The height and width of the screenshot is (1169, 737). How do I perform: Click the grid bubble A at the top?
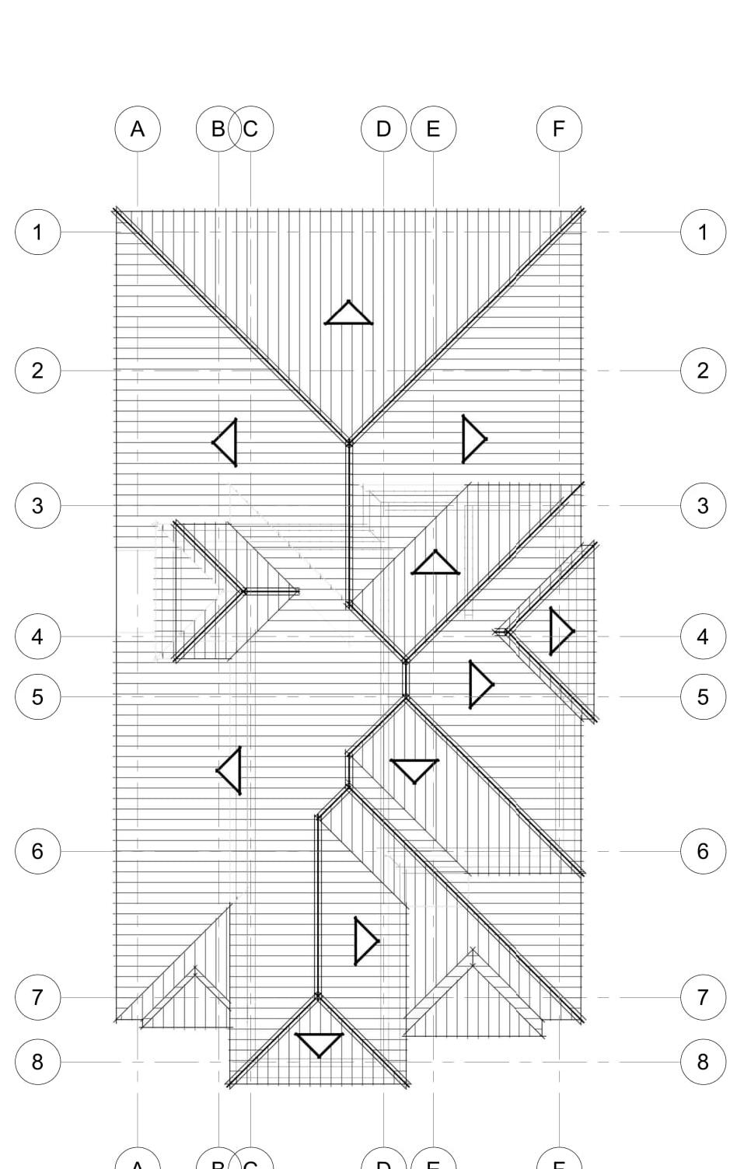coord(138,129)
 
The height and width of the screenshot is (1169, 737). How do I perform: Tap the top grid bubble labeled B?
coord(218,129)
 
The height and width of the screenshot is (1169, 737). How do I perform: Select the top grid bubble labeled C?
coord(251,129)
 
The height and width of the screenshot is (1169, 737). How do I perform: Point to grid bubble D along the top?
coord(383,129)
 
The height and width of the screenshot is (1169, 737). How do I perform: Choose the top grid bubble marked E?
coord(433,129)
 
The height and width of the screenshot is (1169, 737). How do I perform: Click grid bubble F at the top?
coord(559,129)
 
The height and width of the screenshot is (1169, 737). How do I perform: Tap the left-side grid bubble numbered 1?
coord(37,232)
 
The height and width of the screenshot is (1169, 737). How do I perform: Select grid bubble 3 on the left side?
coord(37,505)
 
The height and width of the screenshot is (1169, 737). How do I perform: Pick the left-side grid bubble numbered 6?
coord(37,851)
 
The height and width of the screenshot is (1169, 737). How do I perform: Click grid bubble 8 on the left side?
coord(37,1062)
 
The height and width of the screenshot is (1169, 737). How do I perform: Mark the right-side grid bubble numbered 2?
coord(703,370)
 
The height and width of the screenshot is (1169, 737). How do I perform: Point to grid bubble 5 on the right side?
coord(703,696)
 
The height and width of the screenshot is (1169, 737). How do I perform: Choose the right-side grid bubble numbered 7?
coord(703,997)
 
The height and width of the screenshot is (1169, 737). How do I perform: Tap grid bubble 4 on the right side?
coord(703,637)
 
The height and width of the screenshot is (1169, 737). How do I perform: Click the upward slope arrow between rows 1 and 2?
coord(348,315)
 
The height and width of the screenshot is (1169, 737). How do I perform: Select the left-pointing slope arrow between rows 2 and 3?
coord(227,442)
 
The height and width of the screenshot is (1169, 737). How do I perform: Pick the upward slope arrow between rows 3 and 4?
coord(435,565)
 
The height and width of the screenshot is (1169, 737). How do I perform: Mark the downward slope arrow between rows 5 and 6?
coord(414,769)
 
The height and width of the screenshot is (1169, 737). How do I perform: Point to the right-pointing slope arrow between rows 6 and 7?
coord(364,940)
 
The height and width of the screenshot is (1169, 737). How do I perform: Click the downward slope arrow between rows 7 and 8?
coord(319,1043)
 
